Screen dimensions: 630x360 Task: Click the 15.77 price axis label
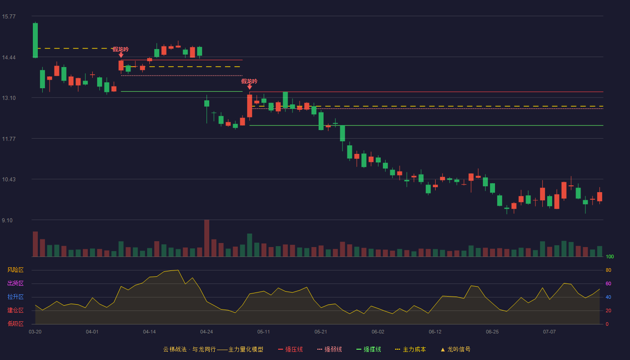(9, 17)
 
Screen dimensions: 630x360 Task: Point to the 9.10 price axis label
(7, 220)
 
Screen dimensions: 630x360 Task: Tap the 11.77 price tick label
(9, 139)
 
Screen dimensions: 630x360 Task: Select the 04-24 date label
(207, 332)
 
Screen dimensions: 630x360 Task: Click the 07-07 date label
(549, 332)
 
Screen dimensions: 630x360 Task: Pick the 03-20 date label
(35, 332)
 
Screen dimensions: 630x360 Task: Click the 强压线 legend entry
(290, 349)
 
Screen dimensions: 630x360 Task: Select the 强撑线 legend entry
(369, 349)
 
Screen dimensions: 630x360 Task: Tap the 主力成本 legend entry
(410, 349)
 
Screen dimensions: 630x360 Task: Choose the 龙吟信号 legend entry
(455, 349)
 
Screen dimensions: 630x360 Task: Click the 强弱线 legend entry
(329, 349)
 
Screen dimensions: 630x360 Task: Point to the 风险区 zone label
(15, 270)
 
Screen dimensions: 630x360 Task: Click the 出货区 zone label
(15, 283)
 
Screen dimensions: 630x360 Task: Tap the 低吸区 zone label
(15, 324)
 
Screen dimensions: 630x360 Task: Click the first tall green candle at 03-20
(35, 40)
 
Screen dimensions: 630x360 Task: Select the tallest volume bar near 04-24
(207, 238)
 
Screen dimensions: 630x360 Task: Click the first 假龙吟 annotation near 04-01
(121, 49)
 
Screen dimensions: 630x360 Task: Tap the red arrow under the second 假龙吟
(249, 87)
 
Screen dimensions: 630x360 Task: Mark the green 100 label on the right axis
(610, 256)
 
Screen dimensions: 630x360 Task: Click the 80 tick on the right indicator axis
(608, 270)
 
